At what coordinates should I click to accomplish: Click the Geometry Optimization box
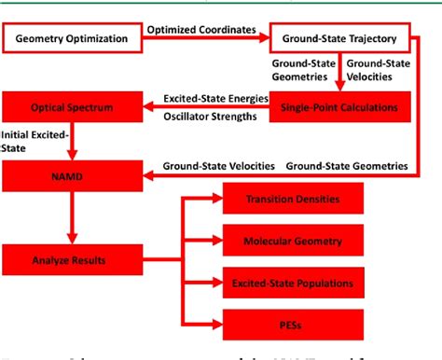coord(72,40)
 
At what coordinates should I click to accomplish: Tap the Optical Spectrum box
coord(72,107)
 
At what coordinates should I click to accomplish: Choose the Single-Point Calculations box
coord(339,107)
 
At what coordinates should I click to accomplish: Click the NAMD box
coord(72,173)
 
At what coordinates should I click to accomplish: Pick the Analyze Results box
coord(72,253)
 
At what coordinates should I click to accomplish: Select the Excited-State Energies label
coord(216,96)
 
